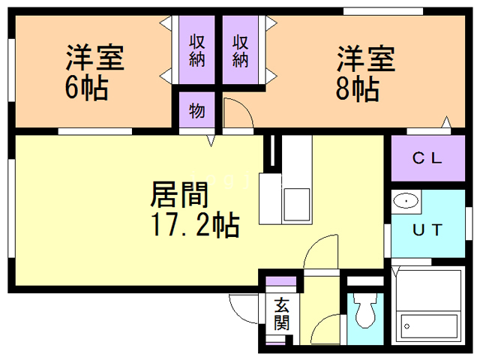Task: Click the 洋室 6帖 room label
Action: (x=93, y=73)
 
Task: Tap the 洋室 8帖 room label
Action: (x=364, y=73)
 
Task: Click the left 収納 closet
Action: (x=197, y=50)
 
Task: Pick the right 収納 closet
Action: (x=240, y=50)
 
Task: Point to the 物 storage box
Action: (x=197, y=110)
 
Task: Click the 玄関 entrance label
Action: (x=281, y=314)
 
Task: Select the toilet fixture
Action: (x=365, y=311)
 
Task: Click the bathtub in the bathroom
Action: (x=428, y=325)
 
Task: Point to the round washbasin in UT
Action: (x=406, y=201)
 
